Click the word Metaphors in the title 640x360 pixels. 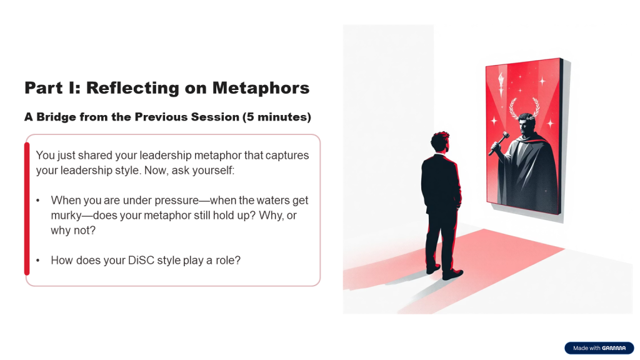tap(261, 88)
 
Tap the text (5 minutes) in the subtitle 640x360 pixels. tap(277, 117)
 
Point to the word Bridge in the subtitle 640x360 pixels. tap(56, 117)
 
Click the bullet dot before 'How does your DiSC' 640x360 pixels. tap(38, 261)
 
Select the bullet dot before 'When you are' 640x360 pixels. tap(38, 201)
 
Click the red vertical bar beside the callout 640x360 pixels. tap(27, 209)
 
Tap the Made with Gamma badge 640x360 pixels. tap(599, 348)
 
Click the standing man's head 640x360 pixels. tap(440, 142)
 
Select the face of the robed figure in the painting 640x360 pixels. tap(525, 125)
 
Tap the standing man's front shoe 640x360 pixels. tap(452, 275)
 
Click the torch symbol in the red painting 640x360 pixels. tap(501, 84)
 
